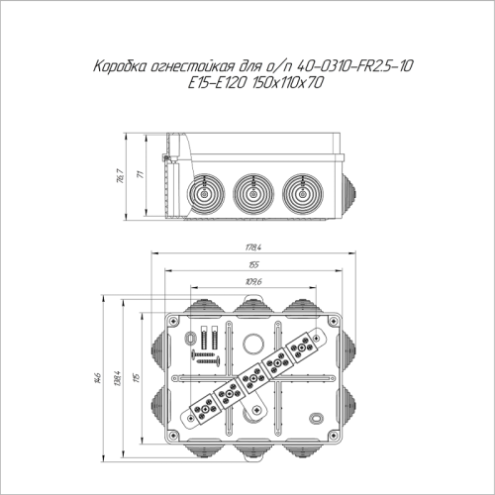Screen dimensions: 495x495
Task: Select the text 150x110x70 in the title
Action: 290,85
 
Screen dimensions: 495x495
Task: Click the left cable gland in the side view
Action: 198,190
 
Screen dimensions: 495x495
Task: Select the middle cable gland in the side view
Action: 249,190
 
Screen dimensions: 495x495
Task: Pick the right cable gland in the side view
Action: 301,190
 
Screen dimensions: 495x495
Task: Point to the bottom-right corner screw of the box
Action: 333,435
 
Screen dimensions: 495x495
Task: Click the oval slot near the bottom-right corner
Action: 316,417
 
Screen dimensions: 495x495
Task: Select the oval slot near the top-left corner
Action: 191,337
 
